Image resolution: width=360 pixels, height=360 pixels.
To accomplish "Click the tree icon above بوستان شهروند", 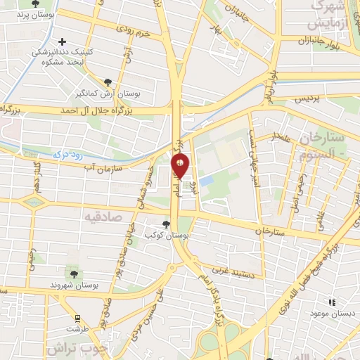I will coord(73,271).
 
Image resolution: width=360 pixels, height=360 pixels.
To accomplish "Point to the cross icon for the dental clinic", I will coord(64,43).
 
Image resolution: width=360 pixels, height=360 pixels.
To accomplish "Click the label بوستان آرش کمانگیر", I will coord(108,92).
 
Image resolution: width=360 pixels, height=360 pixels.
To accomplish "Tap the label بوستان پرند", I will coord(34,13).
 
